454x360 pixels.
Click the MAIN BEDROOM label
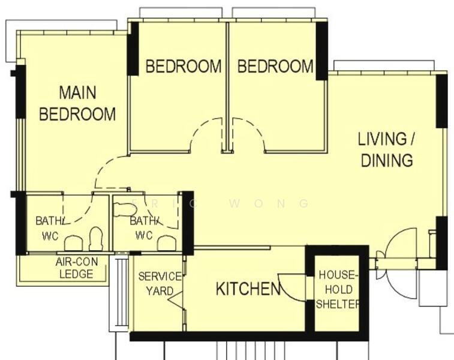click(77, 103)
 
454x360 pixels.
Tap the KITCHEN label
click(248, 289)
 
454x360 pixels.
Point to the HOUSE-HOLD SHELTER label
click(338, 289)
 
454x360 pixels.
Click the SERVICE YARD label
click(160, 283)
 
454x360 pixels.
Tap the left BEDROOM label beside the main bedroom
click(183, 66)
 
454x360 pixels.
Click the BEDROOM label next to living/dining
click(275, 66)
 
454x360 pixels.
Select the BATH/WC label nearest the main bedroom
click(48, 228)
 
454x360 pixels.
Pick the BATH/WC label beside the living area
click(144, 228)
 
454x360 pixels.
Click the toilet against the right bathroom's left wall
click(125, 209)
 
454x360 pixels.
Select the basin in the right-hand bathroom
click(166, 242)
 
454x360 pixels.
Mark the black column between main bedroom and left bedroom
click(133, 49)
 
